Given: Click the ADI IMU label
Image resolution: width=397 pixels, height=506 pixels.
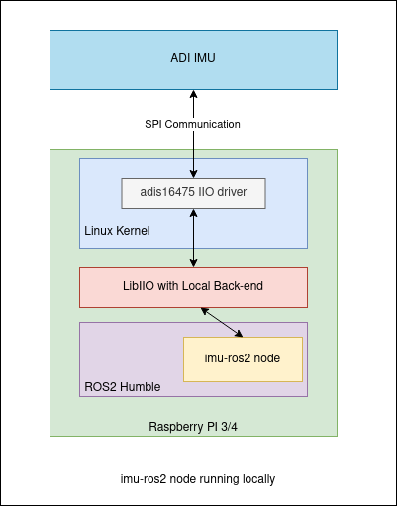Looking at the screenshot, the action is (x=193, y=58).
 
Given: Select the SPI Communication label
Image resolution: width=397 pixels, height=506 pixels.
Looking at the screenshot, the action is (x=192, y=124).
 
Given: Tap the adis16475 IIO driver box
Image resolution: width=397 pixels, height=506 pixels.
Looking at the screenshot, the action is (x=193, y=193).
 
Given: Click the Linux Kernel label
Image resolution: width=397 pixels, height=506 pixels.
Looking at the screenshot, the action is (x=117, y=231).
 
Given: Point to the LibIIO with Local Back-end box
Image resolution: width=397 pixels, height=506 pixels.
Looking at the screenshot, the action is (x=193, y=287).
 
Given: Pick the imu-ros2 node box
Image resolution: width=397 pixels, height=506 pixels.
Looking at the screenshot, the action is (x=243, y=359).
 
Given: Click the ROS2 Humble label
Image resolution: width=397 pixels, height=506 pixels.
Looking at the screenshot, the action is (x=123, y=387).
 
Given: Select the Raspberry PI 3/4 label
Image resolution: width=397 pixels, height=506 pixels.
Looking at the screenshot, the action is (x=193, y=427).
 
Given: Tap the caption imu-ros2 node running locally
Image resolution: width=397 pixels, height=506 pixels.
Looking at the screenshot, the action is (x=198, y=479).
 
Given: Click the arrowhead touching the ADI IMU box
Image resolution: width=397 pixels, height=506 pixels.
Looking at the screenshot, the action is (x=194, y=94).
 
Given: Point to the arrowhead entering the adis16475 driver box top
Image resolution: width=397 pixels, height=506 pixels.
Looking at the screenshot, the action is (x=194, y=174).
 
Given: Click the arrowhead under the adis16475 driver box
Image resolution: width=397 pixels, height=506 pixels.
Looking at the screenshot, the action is (x=194, y=213).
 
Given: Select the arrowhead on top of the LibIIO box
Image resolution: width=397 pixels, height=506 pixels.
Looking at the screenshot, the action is (x=194, y=263).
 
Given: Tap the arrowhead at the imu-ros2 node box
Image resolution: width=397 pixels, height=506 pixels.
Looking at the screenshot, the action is (x=239, y=334).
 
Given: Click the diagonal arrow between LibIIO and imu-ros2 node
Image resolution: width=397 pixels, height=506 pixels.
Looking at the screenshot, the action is (x=222, y=322).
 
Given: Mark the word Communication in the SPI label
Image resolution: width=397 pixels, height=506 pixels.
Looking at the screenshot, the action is (x=203, y=124).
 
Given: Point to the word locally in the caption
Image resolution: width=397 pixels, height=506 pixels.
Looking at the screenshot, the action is (x=258, y=479).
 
